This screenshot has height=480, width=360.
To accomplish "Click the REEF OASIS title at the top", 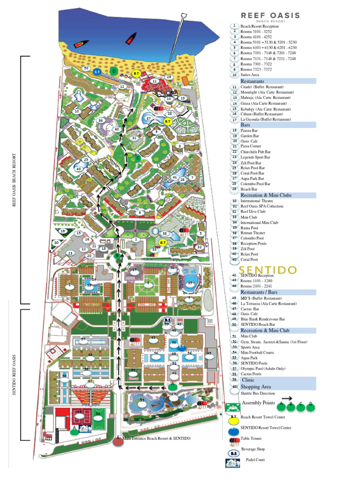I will (270, 15).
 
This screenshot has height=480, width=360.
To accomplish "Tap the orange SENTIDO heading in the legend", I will (269, 270).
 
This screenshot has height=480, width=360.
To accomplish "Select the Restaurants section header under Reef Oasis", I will (256, 81).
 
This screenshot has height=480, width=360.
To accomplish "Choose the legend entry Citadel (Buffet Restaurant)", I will (262, 87).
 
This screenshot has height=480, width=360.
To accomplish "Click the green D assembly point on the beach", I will (113, 71).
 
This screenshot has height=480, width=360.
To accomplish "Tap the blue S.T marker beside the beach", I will (97, 72).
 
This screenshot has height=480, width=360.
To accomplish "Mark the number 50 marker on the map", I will (86, 68).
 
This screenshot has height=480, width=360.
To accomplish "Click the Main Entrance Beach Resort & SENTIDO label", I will (157, 438).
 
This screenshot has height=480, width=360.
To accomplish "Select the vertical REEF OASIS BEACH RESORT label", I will (14, 180).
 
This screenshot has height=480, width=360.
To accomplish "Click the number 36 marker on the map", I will (100, 120).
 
